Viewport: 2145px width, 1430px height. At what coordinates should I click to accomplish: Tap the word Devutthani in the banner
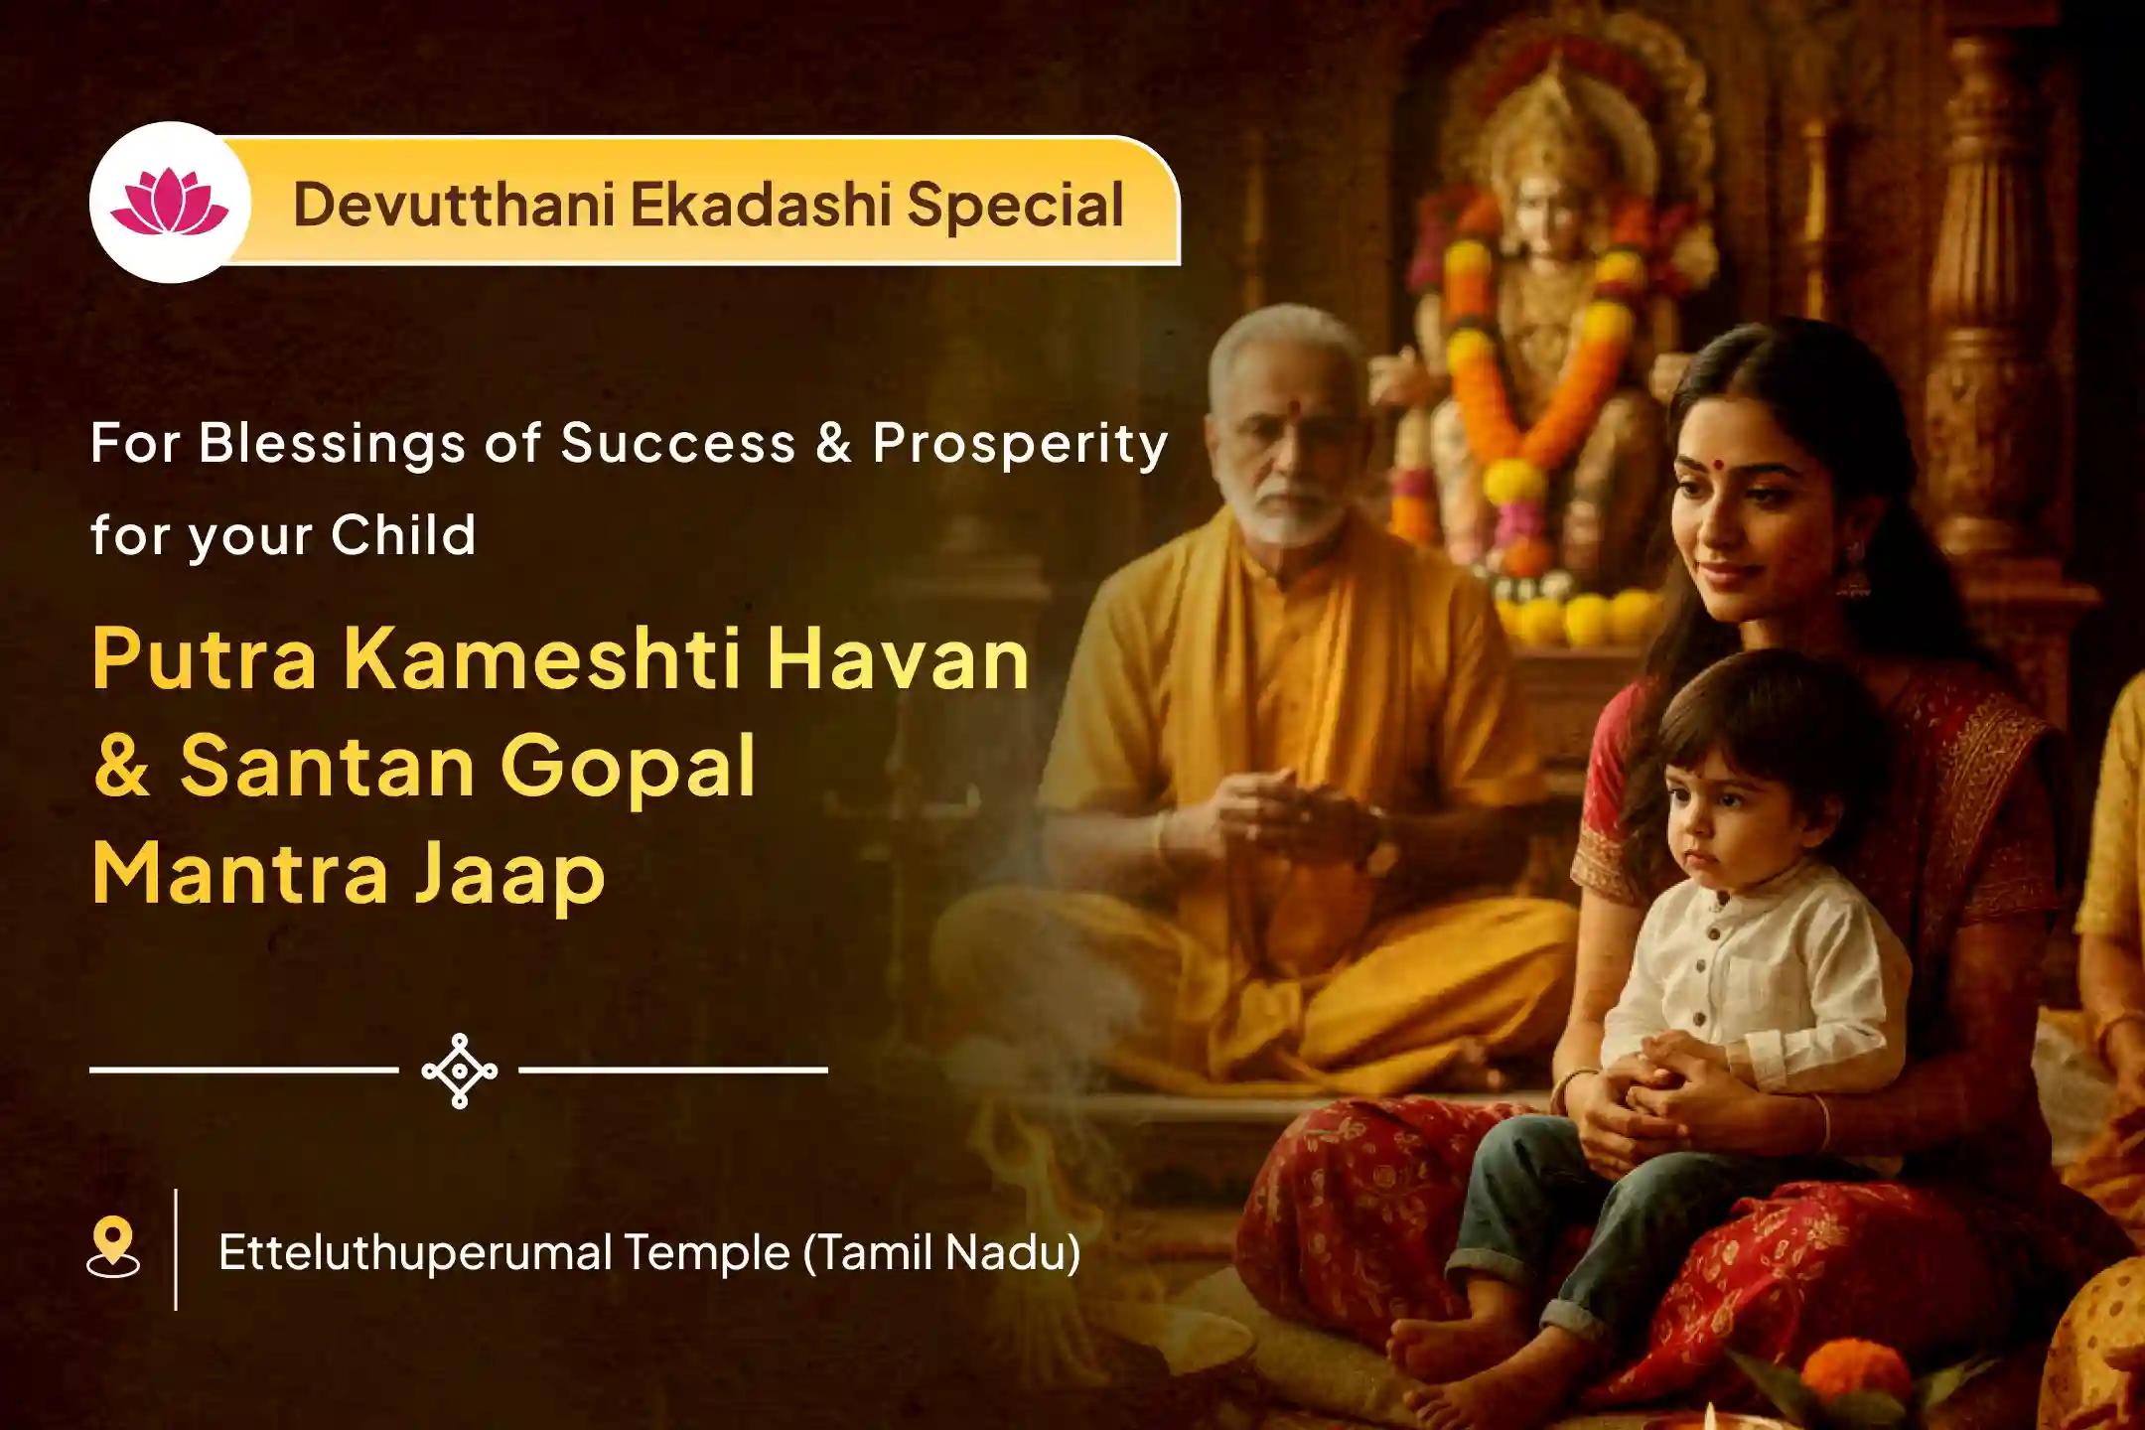pyautogui.click(x=452, y=205)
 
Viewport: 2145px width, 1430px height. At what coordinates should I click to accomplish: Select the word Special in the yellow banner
pyautogui.click(x=1015, y=205)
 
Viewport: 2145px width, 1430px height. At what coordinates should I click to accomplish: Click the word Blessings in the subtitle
pyautogui.click(x=332, y=443)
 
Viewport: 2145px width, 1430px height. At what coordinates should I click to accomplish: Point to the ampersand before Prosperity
pyautogui.click(x=834, y=443)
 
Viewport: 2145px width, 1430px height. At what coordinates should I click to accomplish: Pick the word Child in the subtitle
pyautogui.click(x=403, y=536)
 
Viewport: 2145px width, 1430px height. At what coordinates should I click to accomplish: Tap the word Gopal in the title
pyautogui.click(x=627, y=768)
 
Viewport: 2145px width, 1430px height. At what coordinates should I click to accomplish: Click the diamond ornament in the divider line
pyautogui.click(x=459, y=1071)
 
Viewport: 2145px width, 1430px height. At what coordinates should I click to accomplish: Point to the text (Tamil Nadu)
pyautogui.click(x=940, y=1252)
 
